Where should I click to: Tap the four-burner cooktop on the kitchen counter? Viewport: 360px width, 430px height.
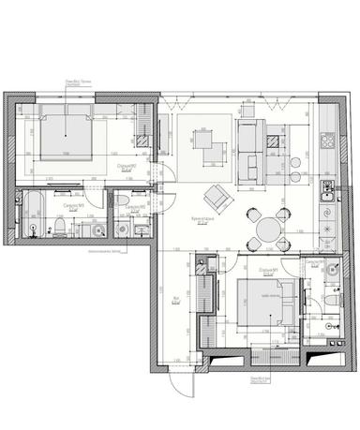tap(329, 141)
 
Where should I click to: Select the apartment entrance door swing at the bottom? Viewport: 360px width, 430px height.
tap(178, 379)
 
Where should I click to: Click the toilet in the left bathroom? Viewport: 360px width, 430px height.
tap(57, 226)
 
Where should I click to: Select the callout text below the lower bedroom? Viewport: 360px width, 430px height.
tap(254, 378)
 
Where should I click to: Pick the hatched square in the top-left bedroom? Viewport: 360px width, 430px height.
tap(139, 141)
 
